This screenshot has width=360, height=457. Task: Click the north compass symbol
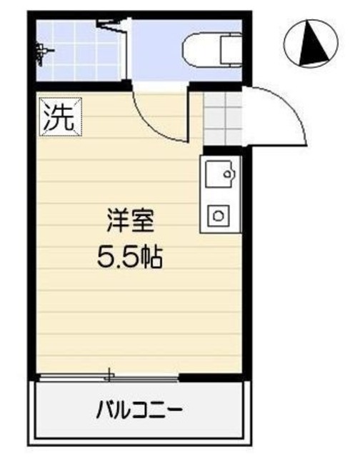click(x=313, y=44)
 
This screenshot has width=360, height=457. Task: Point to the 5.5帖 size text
click(x=130, y=255)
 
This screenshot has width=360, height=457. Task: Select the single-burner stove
click(x=219, y=214)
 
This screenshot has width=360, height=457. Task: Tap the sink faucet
click(x=229, y=174)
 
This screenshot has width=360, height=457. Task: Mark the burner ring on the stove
click(x=219, y=214)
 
